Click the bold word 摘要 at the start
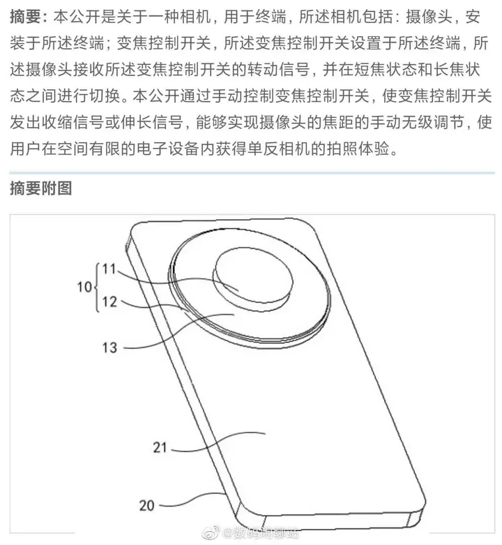26,15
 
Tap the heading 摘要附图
41,188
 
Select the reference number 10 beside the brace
84,286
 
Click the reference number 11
110,269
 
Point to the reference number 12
109,303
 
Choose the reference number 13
109,345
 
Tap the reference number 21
160,447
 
